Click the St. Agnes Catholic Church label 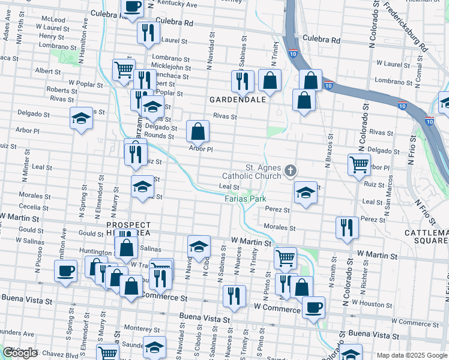[x=252, y=172]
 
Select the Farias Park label [x=246, y=199]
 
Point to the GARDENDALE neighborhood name [x=237, y=99]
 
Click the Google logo [x=20, y=353]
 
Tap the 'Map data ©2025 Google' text [x=412, y=355]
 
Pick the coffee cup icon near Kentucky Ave [x=133, y=7]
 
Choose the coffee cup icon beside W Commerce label [x=313, y=308]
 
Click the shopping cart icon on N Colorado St [x=359, y=164]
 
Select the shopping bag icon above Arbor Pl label [x=197, y=131]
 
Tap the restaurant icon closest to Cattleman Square [x=348, y=227]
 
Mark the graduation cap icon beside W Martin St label [x=199, y=246]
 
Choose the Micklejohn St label [x=171, y=68]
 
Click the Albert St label [x=44, y=70]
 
